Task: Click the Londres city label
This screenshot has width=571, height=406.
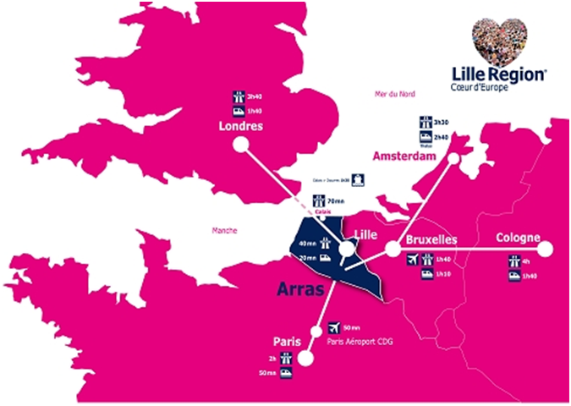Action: tap(239, 127)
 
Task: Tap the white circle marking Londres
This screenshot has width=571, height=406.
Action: tap(241, 145)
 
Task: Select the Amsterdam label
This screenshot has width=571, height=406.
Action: tap(409, 158)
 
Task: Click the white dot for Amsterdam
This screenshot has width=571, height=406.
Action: tap(454, 158)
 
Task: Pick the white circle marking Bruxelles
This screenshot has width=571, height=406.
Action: tap(393, 249)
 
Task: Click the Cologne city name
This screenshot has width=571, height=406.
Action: tap(518, 238)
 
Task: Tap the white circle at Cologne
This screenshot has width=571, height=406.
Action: tap(546, 249)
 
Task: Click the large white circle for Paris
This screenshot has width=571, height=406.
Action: tap(305, 358)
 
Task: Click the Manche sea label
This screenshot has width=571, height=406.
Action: tap(225, 230)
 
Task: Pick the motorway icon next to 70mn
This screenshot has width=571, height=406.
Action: tap(318, 201)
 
